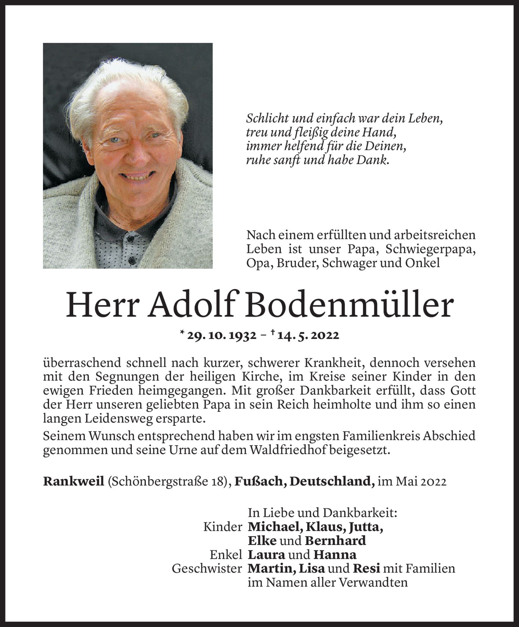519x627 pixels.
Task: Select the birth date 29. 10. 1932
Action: click(222, 336)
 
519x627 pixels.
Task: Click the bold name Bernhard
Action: click(335, 541)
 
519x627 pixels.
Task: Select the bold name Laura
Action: click(266, 555)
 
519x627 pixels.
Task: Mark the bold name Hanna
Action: click(335, 555)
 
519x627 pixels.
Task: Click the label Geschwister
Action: click(207, 569)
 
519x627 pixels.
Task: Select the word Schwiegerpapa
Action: click(430, 250)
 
